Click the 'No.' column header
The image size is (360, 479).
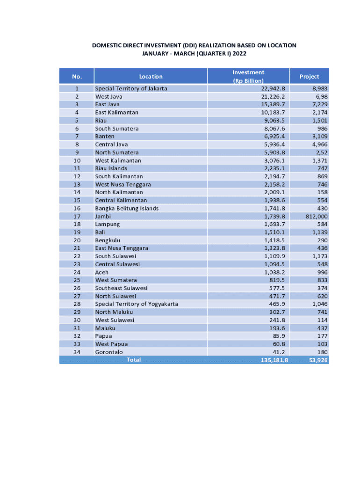(77, 76)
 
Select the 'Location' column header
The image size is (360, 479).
(151, 76)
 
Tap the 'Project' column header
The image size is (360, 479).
(309, 76)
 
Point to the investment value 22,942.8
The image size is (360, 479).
(273, 88)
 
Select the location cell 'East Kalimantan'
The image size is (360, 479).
(116, 112)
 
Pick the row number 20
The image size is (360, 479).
(77, 240)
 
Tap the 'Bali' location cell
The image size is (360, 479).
(100, 232)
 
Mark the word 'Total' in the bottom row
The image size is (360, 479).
(134, 360)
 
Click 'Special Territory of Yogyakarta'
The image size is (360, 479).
(136, 304)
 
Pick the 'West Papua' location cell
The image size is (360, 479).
(110, 344)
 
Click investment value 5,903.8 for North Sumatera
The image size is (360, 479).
(274, 152)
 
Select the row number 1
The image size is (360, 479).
(77, 88)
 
